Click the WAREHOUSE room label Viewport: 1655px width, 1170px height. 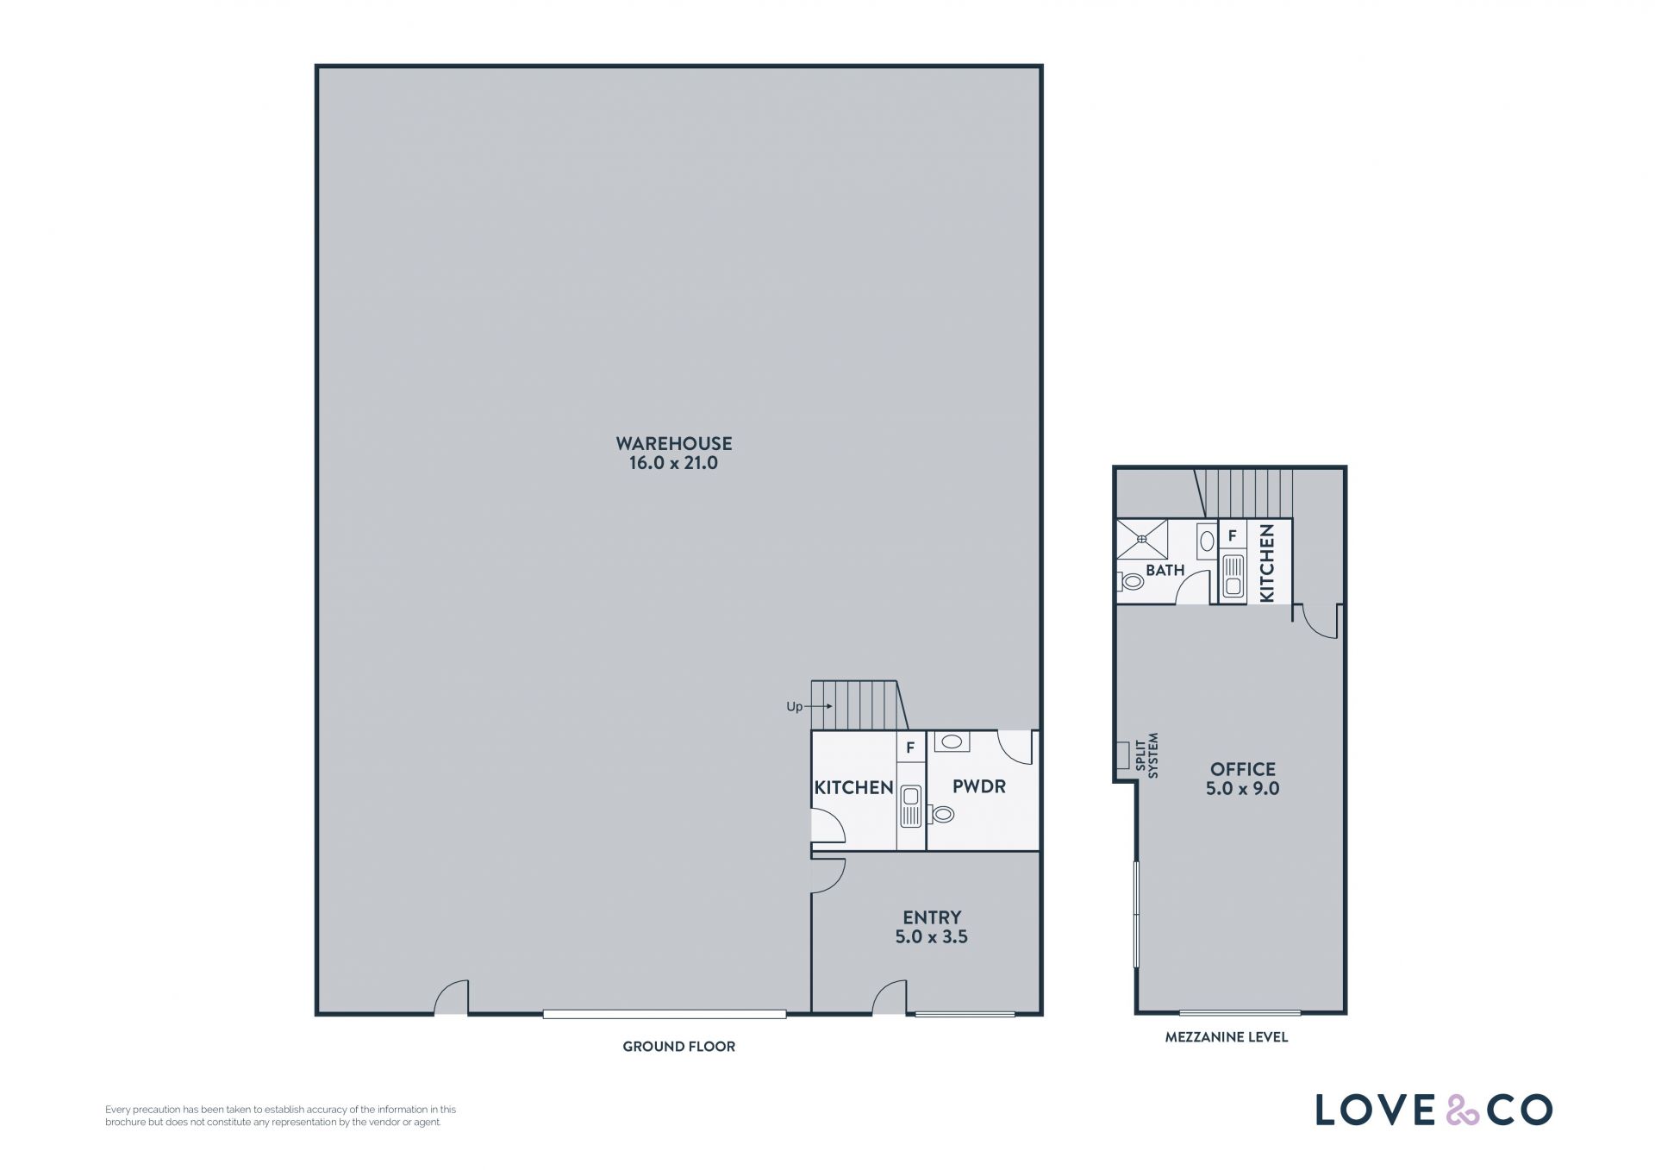point(673,443)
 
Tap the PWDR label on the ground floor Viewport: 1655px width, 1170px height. point(978,786)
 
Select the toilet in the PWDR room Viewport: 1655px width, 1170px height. point(941,813)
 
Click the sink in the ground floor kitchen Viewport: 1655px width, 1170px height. point(910,806)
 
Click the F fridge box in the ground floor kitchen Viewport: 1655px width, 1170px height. point(910,748)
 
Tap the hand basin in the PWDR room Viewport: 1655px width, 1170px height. point(952,741)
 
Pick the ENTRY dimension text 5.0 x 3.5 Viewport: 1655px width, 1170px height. point(931,936)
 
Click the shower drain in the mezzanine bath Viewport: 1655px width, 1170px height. point(1141,539)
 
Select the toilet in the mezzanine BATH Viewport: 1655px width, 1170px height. point(1131,582)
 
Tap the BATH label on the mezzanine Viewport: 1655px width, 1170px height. point(1165,570)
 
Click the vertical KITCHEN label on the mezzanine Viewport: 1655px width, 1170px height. point(1266,563)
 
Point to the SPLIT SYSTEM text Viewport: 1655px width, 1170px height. point(1147,755)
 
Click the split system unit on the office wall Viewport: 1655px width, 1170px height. point(1122,754)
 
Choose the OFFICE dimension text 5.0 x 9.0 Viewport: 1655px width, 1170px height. point(1242,788)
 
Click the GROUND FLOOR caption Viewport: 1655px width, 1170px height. point(678,1046)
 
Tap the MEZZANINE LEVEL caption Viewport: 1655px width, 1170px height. point(1226,1036)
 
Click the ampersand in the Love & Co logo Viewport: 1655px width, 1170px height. point(1462,1110)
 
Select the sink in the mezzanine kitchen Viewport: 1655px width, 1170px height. point(1233,576)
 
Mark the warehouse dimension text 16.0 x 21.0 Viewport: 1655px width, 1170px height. point(673,463)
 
